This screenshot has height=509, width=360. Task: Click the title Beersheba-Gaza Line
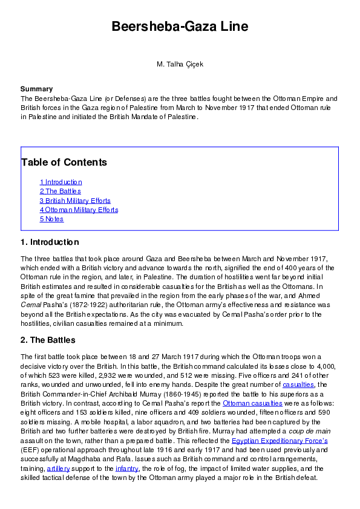tap(180, 27)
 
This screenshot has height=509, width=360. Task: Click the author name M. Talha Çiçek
tap(180, 63)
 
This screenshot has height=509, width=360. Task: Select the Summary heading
tap(36, 89)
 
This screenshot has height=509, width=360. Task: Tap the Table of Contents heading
tap(64, 162)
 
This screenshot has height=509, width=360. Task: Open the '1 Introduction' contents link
tap(61, 182)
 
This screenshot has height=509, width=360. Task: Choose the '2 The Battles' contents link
tap(61, 191)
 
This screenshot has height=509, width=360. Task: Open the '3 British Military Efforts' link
tap(75, 201)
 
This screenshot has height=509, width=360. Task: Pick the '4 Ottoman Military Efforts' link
tap(79, 210)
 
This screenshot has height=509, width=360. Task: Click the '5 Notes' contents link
tap(51, 219)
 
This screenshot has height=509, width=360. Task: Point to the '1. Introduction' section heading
tap(50, 242)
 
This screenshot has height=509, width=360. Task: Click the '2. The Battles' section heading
tap(48, 340)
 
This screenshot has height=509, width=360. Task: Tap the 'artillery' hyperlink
tap(59, 468)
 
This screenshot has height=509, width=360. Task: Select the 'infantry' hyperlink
tap(127, 468)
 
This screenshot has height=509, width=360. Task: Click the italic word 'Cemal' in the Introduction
tap(30, 305)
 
